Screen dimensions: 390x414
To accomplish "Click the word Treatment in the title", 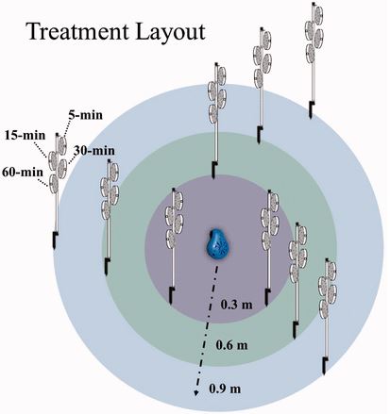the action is pos(78,31).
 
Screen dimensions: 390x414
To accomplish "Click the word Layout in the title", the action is pos(170,33).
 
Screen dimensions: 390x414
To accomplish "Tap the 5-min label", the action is pos(85,115).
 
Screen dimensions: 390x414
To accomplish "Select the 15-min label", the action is pos(25,135).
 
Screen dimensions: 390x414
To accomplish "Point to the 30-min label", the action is pos(94,151).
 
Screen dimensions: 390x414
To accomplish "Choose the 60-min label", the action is pos(23,172).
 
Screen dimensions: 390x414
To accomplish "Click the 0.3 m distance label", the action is pos(236,305).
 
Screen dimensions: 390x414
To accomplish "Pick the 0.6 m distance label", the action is pos(231,345).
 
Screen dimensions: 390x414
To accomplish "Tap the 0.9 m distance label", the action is pos(225,389).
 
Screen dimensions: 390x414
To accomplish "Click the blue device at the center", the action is pos(216,244).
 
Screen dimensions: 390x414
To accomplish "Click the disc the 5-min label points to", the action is pos(62,145).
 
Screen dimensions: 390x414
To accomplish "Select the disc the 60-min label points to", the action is pos(54,184).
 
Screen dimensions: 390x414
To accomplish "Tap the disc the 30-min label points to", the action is pos(62,168).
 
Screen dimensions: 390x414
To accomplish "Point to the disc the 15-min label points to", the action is pos(53,160).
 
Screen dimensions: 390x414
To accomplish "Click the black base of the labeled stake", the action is pos(55,240).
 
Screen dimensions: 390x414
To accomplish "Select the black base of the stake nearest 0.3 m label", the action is pos(267,297).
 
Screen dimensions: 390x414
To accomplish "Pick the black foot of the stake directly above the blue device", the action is pos(214,170).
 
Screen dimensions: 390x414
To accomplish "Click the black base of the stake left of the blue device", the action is pos(171,295).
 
